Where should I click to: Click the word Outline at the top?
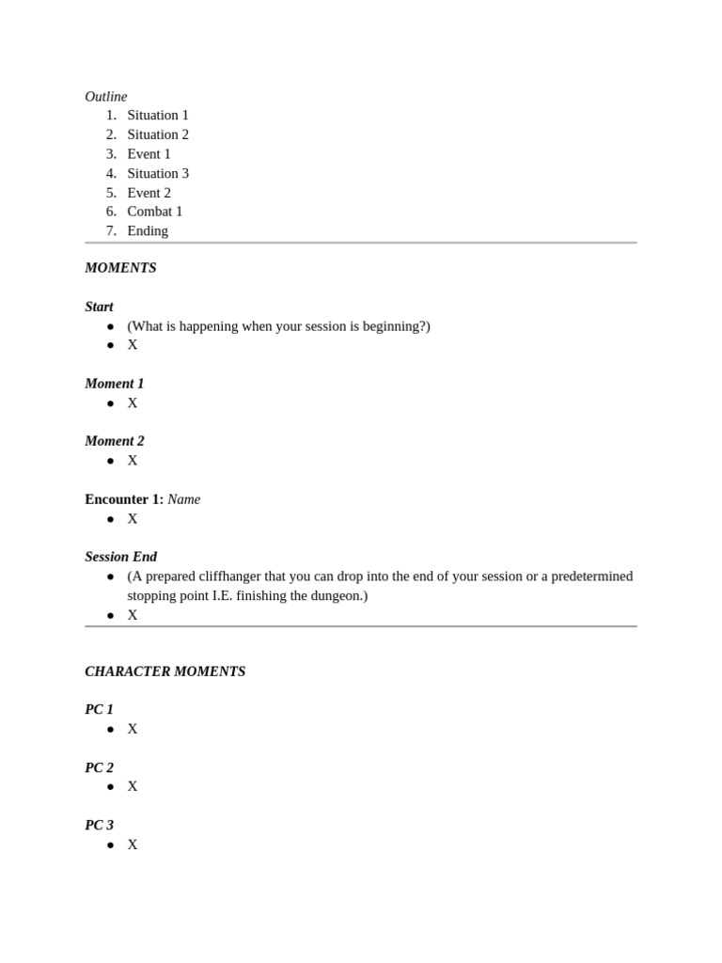105,96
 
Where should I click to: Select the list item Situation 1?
158,115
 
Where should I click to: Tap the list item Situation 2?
158,134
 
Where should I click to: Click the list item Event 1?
149,154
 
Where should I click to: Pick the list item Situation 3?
158,173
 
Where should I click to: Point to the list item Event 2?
149,193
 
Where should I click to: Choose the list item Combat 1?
154,212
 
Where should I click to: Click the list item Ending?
148,231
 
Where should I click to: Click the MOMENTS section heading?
120,268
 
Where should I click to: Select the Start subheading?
99,307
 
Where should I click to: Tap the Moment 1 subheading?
114,384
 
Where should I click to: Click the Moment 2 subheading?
114,441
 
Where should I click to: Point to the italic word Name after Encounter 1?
183,499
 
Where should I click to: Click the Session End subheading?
120,557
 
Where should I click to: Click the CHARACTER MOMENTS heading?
165,671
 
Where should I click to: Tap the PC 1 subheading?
99,710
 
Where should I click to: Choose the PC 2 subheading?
99,767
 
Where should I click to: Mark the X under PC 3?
133,845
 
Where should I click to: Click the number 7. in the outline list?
111,231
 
